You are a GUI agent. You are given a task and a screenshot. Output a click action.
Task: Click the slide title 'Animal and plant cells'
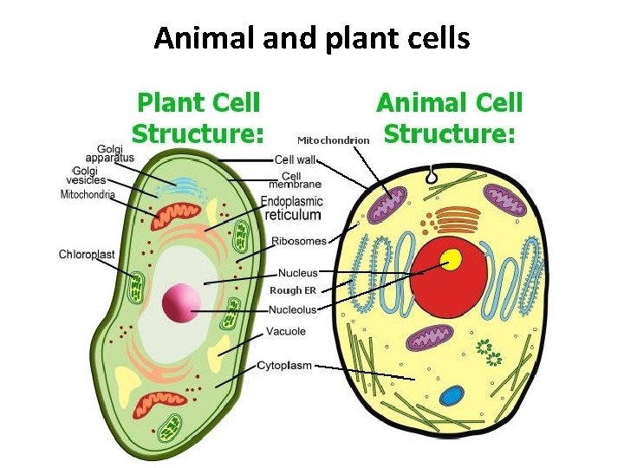coord(312,39)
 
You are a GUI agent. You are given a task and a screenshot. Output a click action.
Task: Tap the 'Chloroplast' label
coord(87,254)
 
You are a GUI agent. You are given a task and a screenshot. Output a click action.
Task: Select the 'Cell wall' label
coord(295,159)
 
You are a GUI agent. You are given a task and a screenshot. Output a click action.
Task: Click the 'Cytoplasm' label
coord(284,366)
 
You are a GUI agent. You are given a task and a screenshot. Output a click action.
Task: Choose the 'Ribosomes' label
coord(299,241)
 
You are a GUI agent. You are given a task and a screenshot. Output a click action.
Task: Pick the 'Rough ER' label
coord(286,290)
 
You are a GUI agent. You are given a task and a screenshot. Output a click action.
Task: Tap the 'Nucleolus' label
coord(293,309)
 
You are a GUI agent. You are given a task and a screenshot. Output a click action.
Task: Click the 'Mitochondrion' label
coord(334,139)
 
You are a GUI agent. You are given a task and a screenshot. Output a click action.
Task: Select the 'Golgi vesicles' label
coord(86,175)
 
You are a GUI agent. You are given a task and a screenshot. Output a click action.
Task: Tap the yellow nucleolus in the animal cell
coord(451,259)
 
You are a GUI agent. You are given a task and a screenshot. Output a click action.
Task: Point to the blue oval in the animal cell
coord(451,396)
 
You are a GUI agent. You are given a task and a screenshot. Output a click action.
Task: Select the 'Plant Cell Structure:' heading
coord(198,119)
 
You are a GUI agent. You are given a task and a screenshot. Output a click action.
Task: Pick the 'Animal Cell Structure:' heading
coord(449,119)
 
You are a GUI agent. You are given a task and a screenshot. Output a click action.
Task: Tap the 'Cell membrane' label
coord(295,179)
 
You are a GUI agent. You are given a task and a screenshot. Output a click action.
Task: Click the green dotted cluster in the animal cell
coord(490,350)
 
